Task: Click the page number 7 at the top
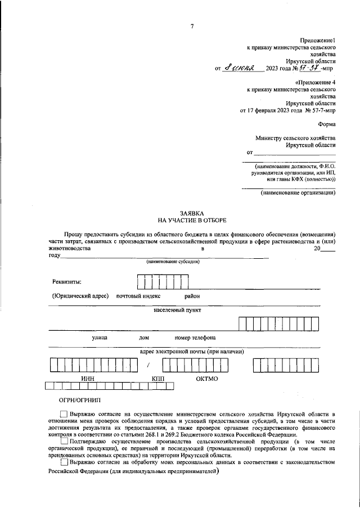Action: coord(192,26)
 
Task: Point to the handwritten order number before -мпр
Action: coord(309,68)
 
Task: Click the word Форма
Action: coord(327,124)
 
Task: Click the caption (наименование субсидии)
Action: coord(173,262)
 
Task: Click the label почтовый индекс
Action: coord(138,296)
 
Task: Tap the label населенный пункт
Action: coord(177,310)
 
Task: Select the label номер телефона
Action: coord(195,338)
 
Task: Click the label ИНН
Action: coord(87,379)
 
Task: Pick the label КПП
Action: coord(158,379)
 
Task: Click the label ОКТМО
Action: coord(207,379)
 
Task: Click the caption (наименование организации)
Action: coord(298,193)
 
